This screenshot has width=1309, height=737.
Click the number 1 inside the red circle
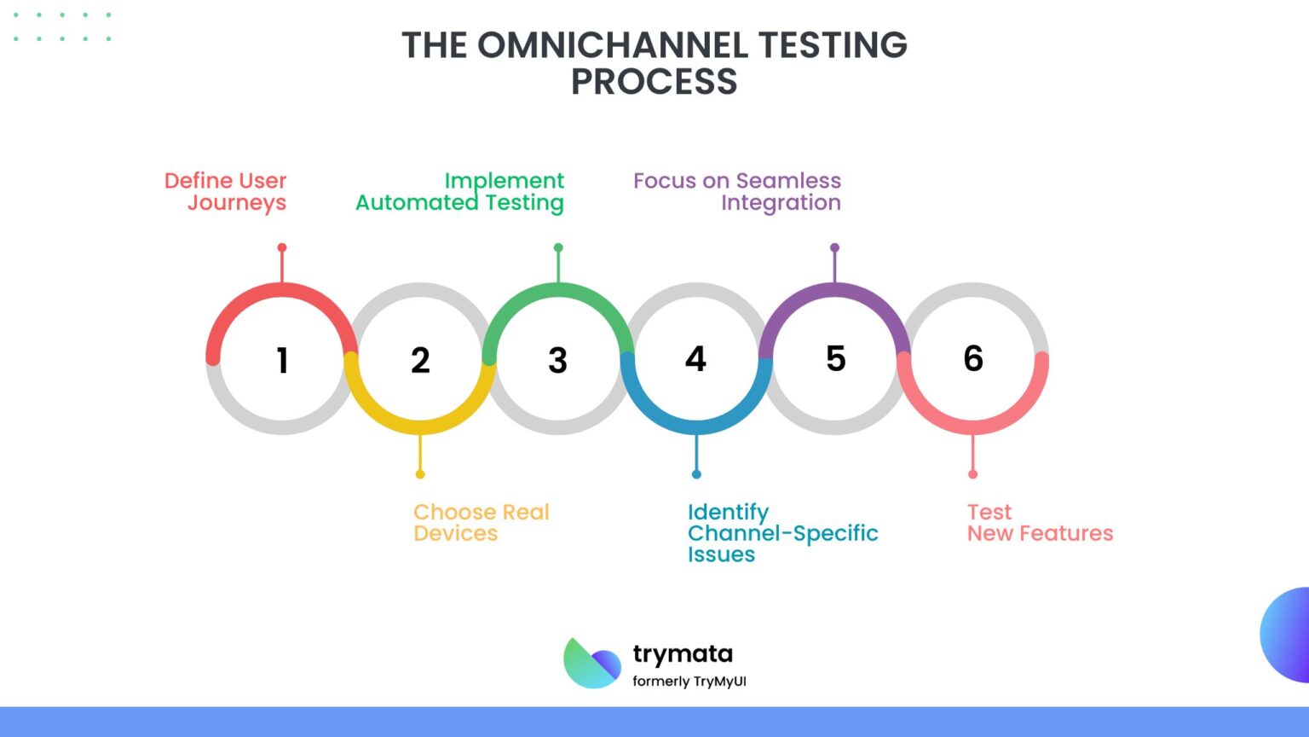(x=282, y=360)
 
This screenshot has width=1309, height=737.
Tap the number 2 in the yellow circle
(x=420, y=360)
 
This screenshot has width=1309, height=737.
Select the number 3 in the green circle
(x=557, y=360)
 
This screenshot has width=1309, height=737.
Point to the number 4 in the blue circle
(x=695, y=358)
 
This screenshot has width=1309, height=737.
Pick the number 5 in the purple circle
(x=835, y=358)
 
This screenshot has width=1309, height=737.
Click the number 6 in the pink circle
(x=973, y=358)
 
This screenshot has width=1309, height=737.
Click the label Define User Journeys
(x=227, y=192)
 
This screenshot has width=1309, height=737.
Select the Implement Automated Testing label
(x=461, y=192)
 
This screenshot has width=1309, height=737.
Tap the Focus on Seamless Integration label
(x=738, y=192)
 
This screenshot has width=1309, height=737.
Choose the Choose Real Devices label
(x=481, y=523)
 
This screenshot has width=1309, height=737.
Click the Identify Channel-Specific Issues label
(x=781, y=533)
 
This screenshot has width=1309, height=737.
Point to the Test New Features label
(x=1039, y=523)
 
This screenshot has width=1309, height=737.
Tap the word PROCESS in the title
(x=654, y=82)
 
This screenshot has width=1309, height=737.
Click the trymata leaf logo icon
(x=591, y=663)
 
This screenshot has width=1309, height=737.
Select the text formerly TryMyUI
(x=689, y=682)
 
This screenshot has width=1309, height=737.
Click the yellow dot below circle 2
(x=420, y=474)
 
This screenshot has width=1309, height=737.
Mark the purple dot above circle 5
(x=834, y=248)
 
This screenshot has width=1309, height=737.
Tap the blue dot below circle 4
(x=696, y=474)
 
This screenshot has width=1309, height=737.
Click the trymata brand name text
(x=683, y=654)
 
